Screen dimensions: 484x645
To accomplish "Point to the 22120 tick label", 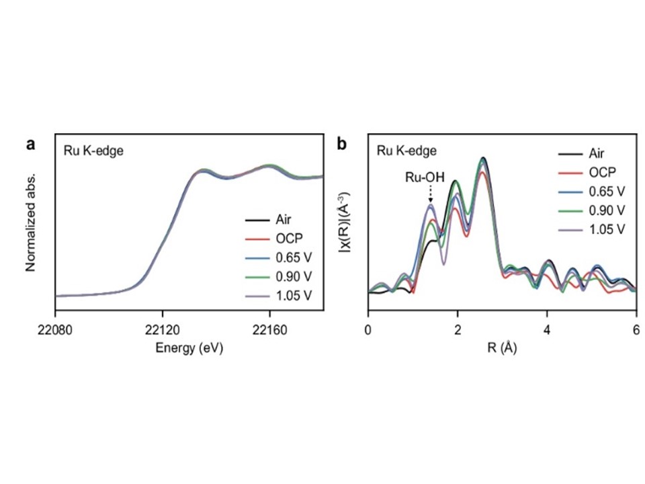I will [162, 331].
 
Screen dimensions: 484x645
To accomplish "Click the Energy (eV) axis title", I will [189, 348].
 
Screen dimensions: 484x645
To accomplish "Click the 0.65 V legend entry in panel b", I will [607, 192].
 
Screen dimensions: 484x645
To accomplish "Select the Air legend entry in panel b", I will [598, 154].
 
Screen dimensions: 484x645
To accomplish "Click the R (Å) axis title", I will [501, 348].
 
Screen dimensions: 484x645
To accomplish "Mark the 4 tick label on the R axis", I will [546, 331].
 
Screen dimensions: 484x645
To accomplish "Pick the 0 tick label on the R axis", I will [368, 331].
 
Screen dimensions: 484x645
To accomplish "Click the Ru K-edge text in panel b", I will [406, 151].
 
